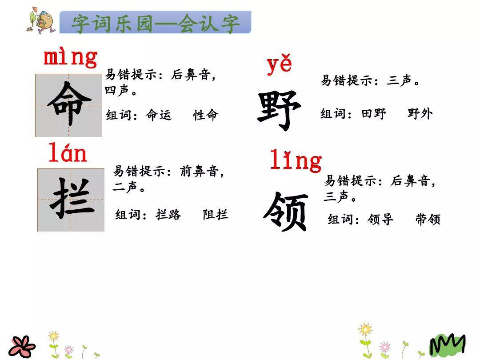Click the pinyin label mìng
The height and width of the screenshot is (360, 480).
tap(70, 58)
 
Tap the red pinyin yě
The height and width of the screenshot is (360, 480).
tap(279, 65)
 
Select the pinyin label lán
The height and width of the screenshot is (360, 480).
tap(68, 154)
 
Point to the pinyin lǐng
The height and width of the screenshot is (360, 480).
tap(296, 160)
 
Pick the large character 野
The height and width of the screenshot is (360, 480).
tap(279, 110)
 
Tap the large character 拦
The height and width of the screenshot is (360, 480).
tap(71, 200)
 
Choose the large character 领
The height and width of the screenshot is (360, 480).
tap(285, 212)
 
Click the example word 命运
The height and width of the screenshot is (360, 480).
tap(159, 115)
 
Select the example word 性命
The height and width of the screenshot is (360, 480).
tap(206, 115)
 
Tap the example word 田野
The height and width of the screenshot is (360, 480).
tap(373, 114)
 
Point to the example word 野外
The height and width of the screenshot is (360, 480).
tap(420, 114)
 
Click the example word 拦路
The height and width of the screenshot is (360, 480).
tap(168, 215)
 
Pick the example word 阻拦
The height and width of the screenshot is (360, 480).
tap(216, 215)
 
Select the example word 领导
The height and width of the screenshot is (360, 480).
tap(380, 219)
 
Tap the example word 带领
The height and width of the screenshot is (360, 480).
tap(428, 219)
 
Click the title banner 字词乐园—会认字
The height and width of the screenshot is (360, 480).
tap(156, 23)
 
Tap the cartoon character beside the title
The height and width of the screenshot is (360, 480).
tap(41, 20)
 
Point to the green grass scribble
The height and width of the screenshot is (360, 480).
tap(447, 344)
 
